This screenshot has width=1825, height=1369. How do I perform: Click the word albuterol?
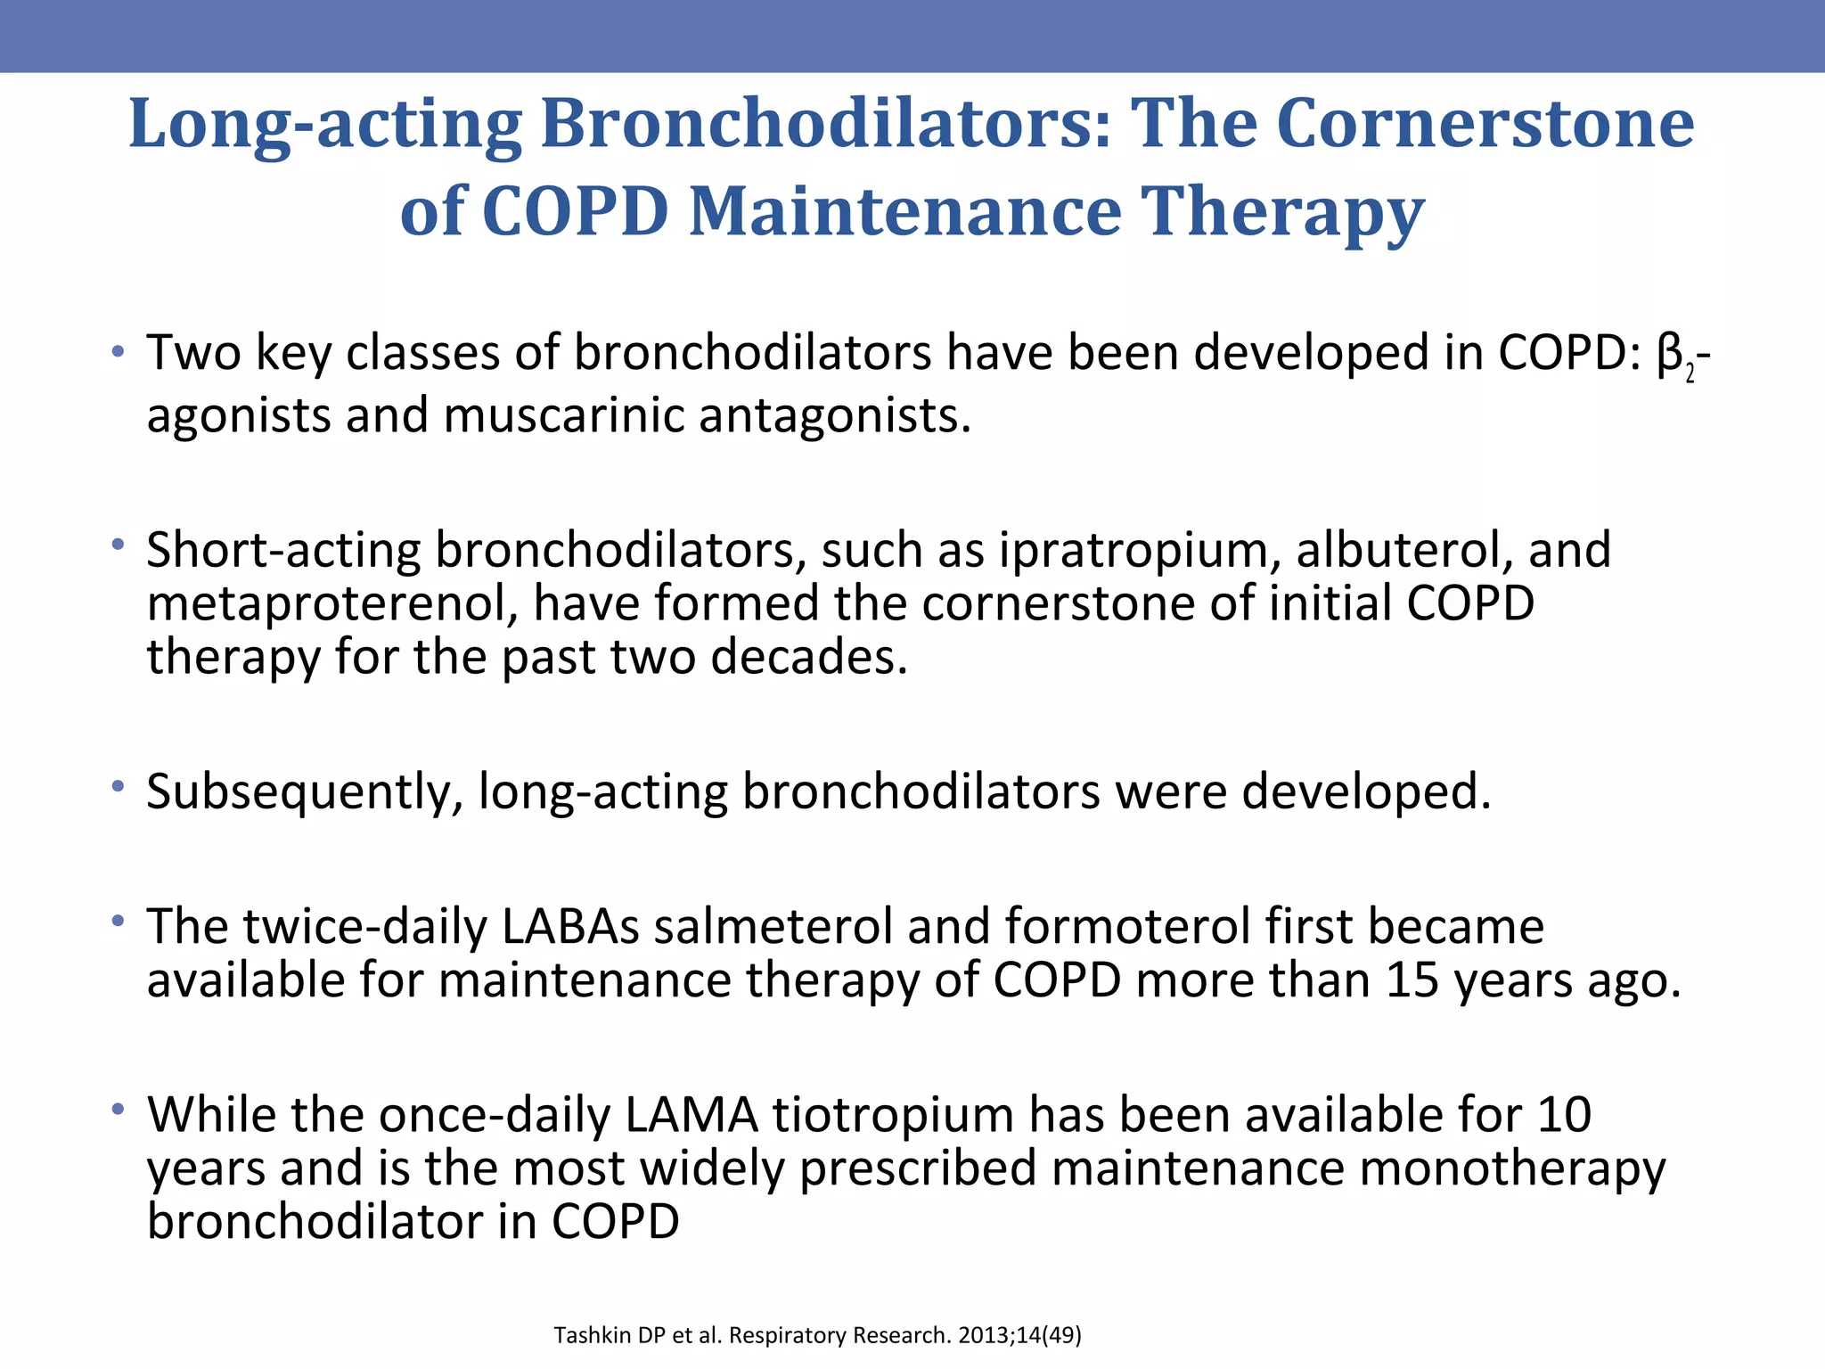pyautogui.click(x=1404, y=549)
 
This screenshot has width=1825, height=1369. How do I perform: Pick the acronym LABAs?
pyautogui.click(x=570, y=926)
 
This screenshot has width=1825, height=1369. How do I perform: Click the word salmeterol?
pyautogui.click(x=773, y=926)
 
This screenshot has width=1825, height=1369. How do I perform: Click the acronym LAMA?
pyautogui.click(x=692, y=1115)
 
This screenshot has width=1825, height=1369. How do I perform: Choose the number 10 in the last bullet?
pyautogui.click(x=1563, y=1115)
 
